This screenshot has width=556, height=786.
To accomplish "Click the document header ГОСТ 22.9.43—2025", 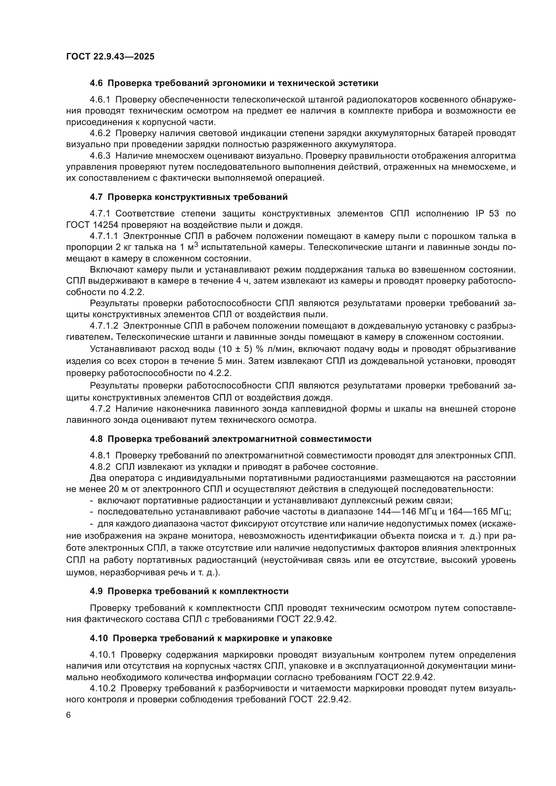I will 110,56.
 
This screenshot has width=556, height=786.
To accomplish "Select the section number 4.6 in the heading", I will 96,83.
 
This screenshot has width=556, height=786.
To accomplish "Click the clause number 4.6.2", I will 100,133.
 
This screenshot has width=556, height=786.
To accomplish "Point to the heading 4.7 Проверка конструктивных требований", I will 189,197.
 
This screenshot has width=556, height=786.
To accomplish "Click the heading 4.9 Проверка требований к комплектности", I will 189,591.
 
